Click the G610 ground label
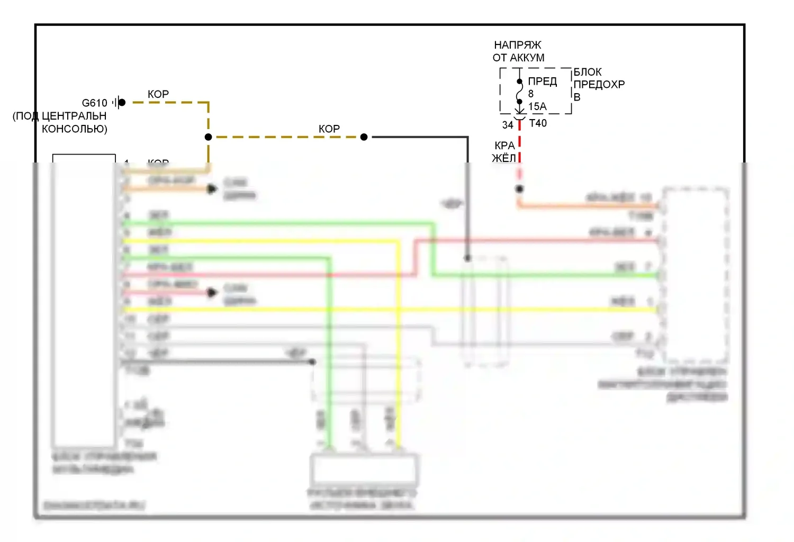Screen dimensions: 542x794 coord(94,103)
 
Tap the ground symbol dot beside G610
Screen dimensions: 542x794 coord(122,103)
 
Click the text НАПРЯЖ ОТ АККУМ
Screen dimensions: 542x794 coord(518,51)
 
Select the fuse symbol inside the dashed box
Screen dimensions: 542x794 coord(519,92)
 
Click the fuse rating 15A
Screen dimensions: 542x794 coord(537,106)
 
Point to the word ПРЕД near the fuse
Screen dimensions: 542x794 coord(542,82)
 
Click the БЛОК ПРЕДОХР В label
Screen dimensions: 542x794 coord(598,84)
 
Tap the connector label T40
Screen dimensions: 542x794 coord(538,123)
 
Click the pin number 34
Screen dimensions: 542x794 coord(508,125)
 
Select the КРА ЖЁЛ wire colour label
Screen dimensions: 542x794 coord(504,152)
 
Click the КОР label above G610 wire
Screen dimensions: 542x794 coord(158,94)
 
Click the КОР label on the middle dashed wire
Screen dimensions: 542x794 coord(329,129)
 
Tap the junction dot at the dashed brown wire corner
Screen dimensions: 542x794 coord(209,137)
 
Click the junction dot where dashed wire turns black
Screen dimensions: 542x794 coord(364,137)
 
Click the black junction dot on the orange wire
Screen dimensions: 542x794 coord(520,189)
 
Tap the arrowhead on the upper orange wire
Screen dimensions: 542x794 coord(212,188)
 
